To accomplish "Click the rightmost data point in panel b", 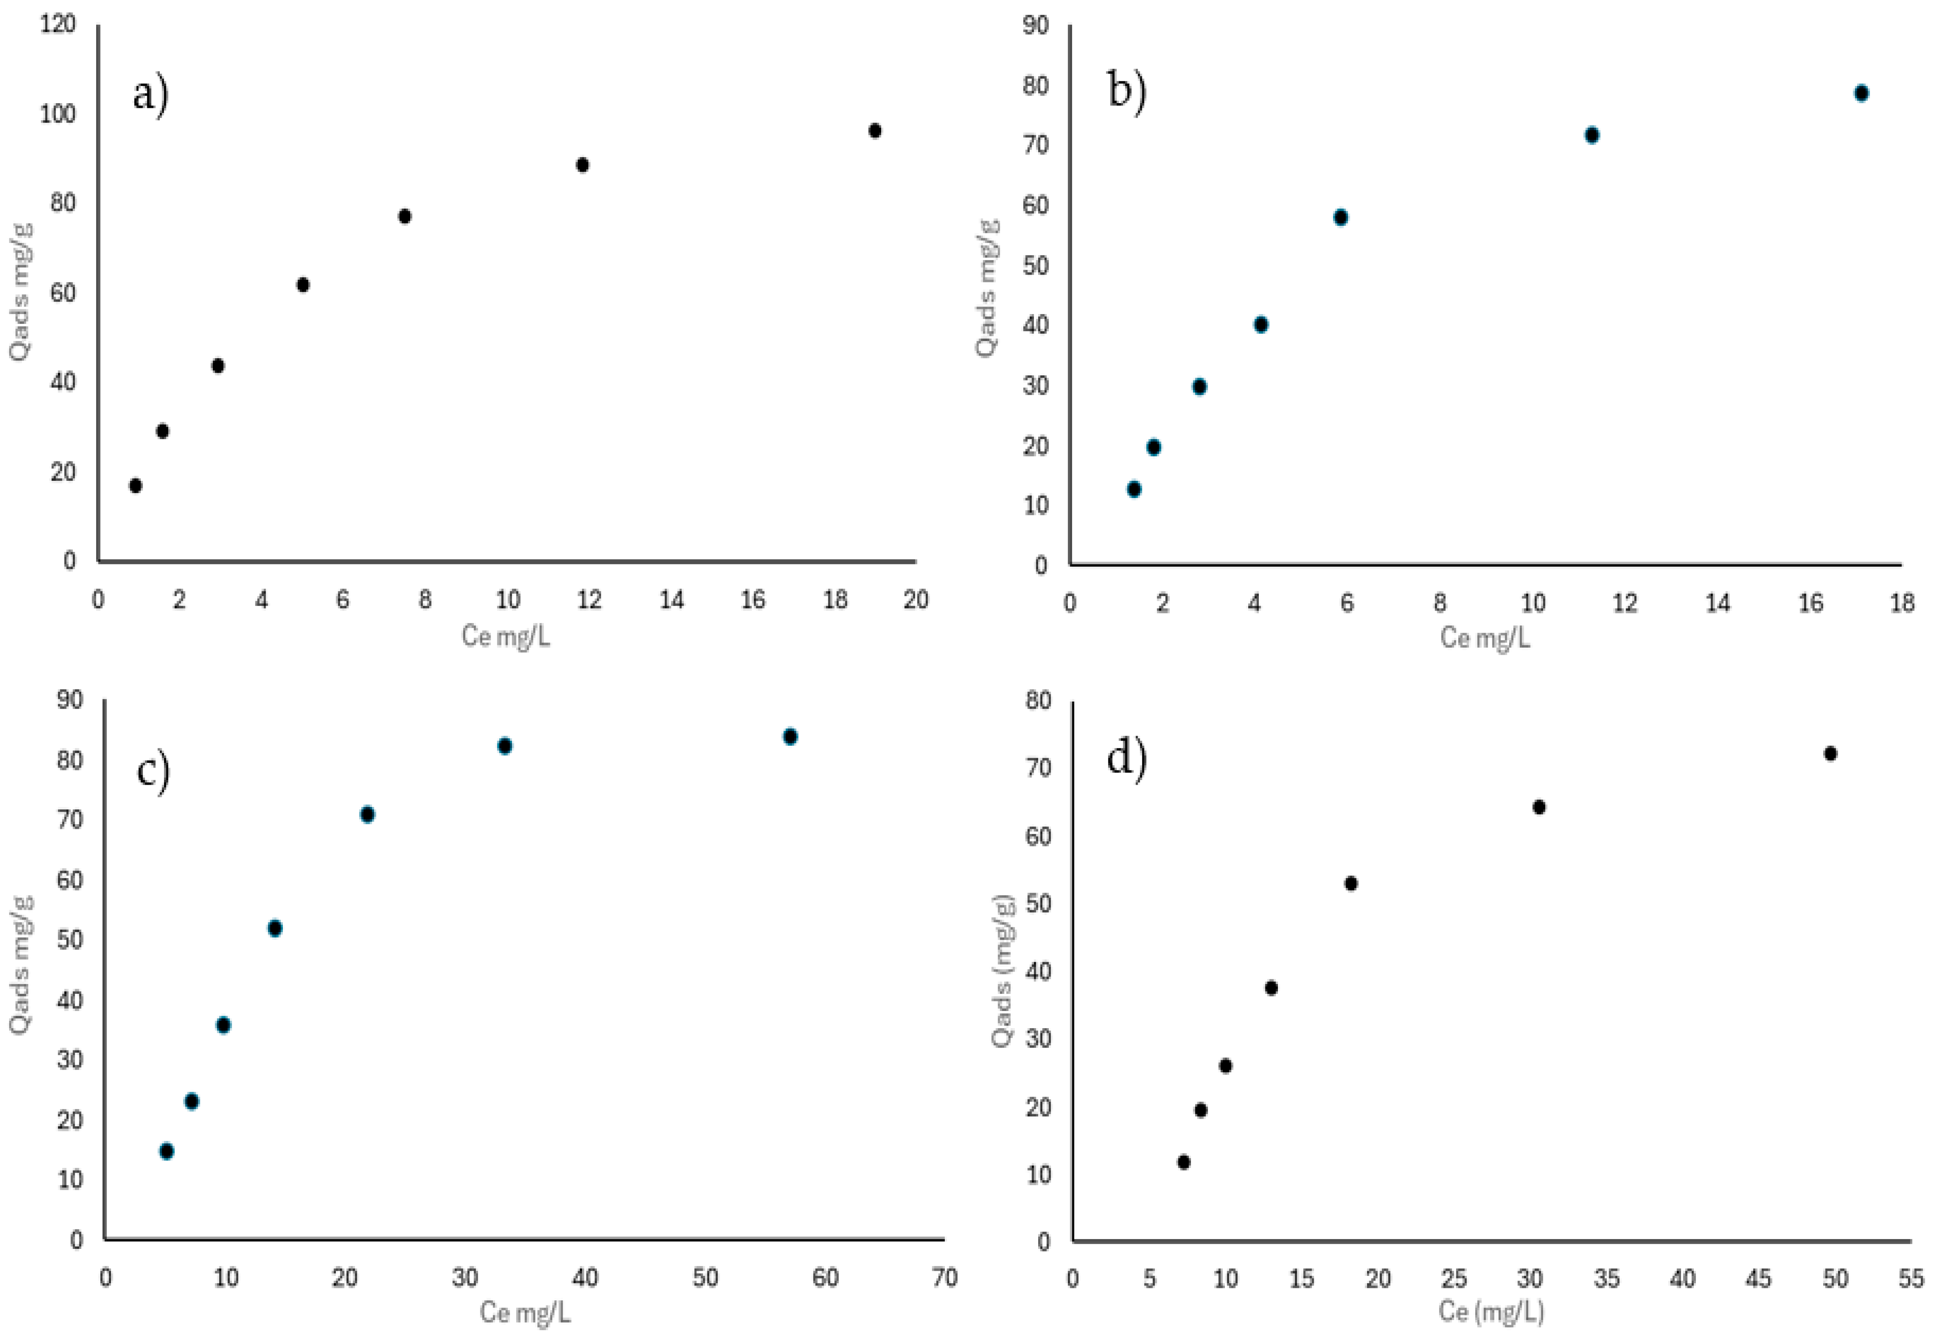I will (x=1861, y=93).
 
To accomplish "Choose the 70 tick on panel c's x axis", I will (x=945, y=1278).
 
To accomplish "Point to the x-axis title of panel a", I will (x=506, y=636).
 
